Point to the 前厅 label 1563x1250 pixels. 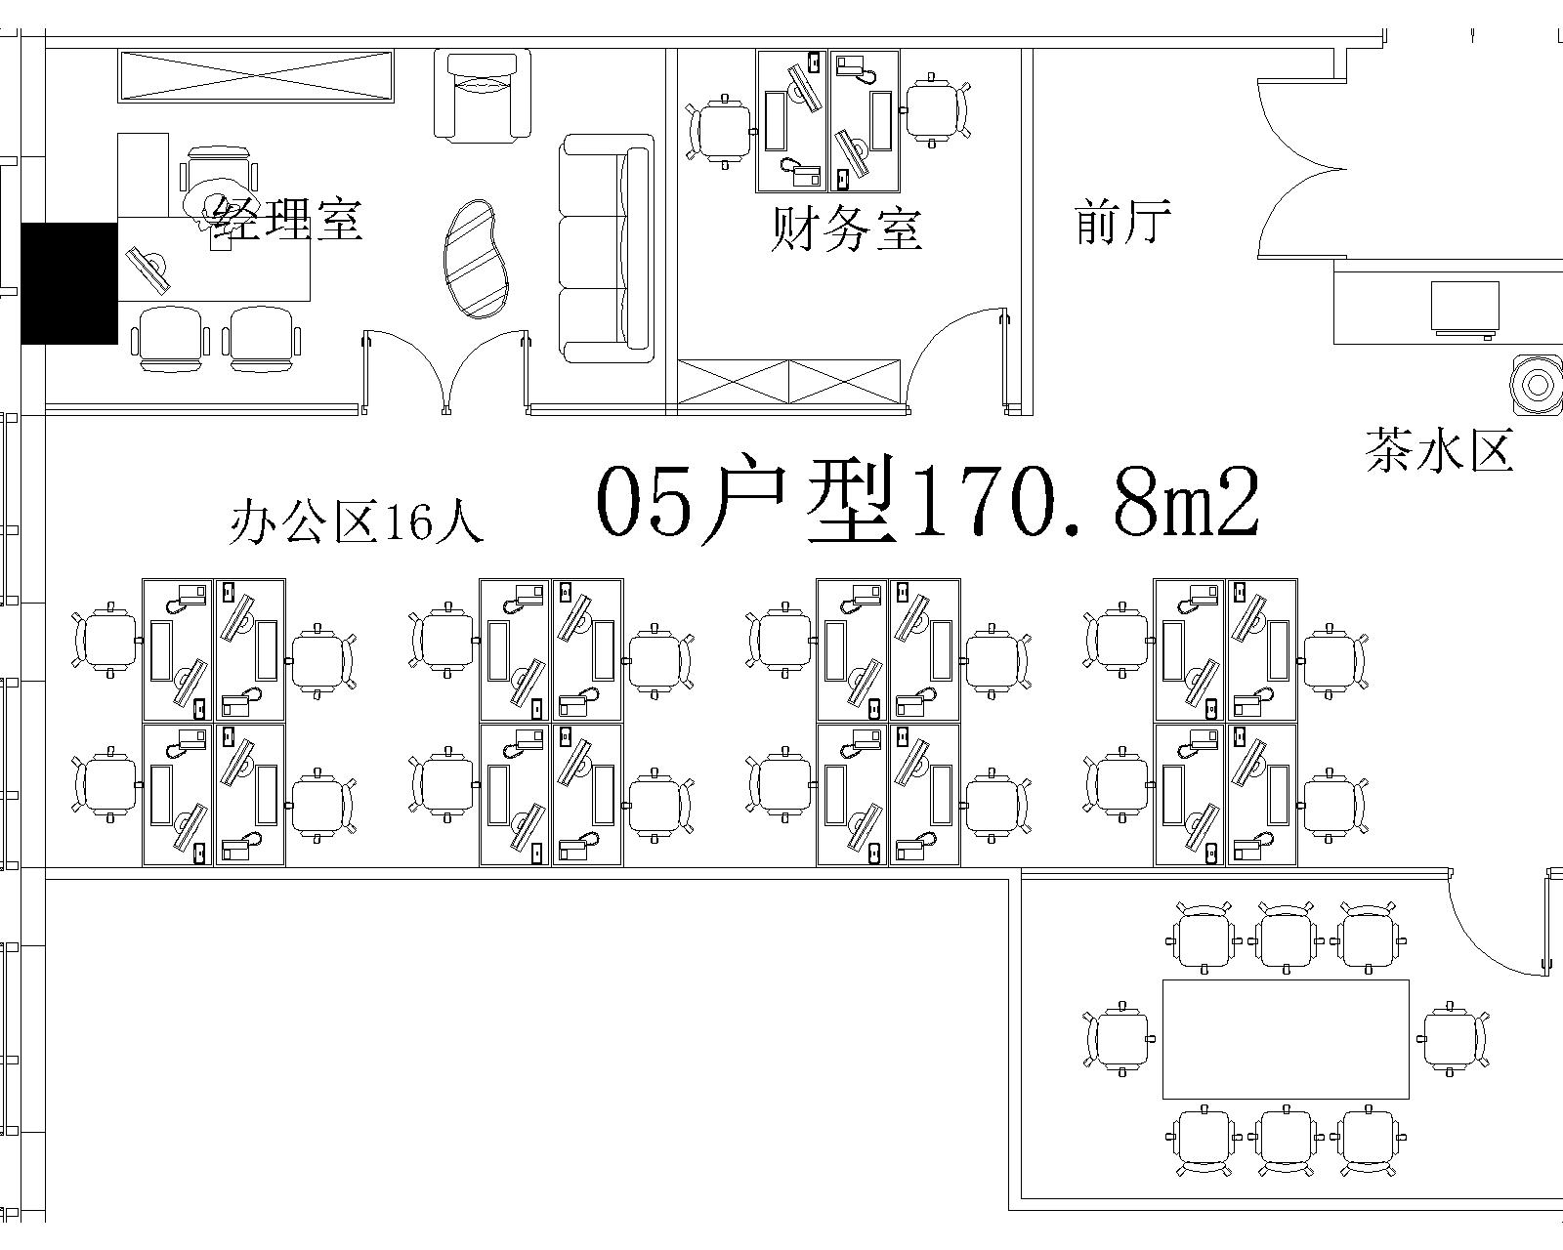[1122, 221]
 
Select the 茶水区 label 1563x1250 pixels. [1440, 450]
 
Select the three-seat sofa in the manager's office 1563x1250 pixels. [607, 248]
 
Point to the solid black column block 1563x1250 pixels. [69, 283]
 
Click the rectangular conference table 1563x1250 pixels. [1286, 1039]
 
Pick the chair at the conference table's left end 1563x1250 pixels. [1119, 1039]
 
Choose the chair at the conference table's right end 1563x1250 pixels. [1453, 1039]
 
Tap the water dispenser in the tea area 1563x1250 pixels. [1536, 384]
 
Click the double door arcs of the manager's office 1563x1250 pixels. [446, 372]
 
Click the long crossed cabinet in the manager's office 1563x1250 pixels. [256, 75]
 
